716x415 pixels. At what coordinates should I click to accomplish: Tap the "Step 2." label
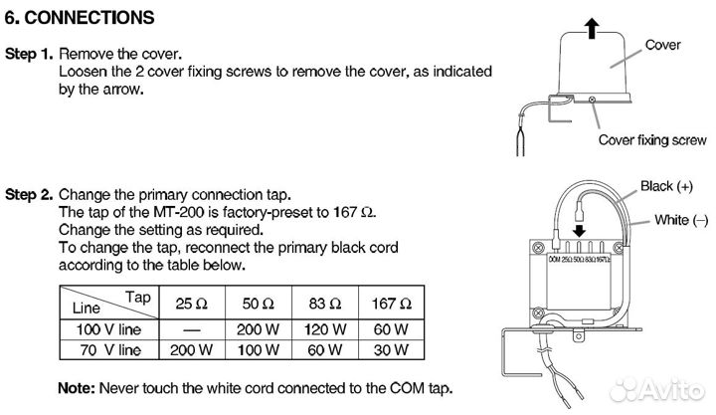pyautogui.click(x=29, y=195)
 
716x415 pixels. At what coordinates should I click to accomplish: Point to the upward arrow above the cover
pyautogui.click(x=593, y=27)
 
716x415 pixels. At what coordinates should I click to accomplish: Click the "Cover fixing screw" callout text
pyautogui.click(x=651, y=140)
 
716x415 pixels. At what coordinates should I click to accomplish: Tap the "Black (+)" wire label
pyautogui.click(x=665, y=186)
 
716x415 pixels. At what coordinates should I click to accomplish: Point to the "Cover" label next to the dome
pyautogui.click(x=662, y=45)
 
